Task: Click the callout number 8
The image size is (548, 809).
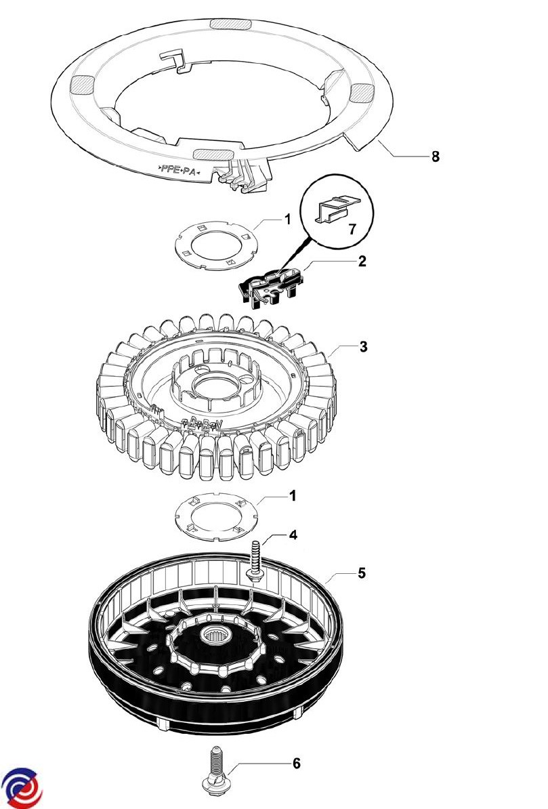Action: (436, 157)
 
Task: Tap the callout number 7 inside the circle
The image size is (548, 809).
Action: (352, 229)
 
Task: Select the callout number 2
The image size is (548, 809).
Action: (362, 261)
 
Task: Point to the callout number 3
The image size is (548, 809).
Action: (364, 347)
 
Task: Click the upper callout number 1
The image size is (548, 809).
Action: (287, 220)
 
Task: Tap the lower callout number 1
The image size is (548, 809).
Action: (293, 496)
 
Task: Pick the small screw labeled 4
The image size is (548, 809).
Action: (257, 560)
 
